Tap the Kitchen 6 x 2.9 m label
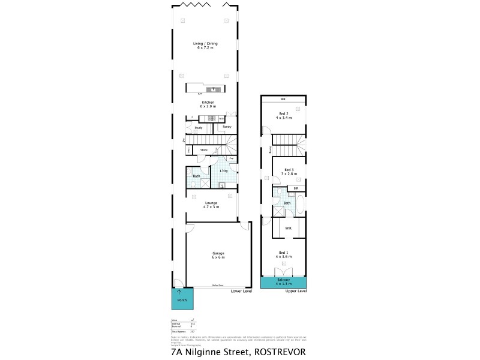[x=208, y=104]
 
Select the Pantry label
[x=227, y=127]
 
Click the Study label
[x=199, y=128]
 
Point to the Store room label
[x=203, y=149]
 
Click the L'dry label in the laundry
[x=223, y=171]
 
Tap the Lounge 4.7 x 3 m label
[x=211, y=205]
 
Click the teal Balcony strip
[x=283, y=282]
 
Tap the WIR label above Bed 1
[x=288, y=228]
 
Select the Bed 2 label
[x=284, y=116]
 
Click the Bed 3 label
[x=289, y=171]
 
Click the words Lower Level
[x=242, y=291]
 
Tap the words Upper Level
[x=296, y=291]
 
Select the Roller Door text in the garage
[x=217, y=285]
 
